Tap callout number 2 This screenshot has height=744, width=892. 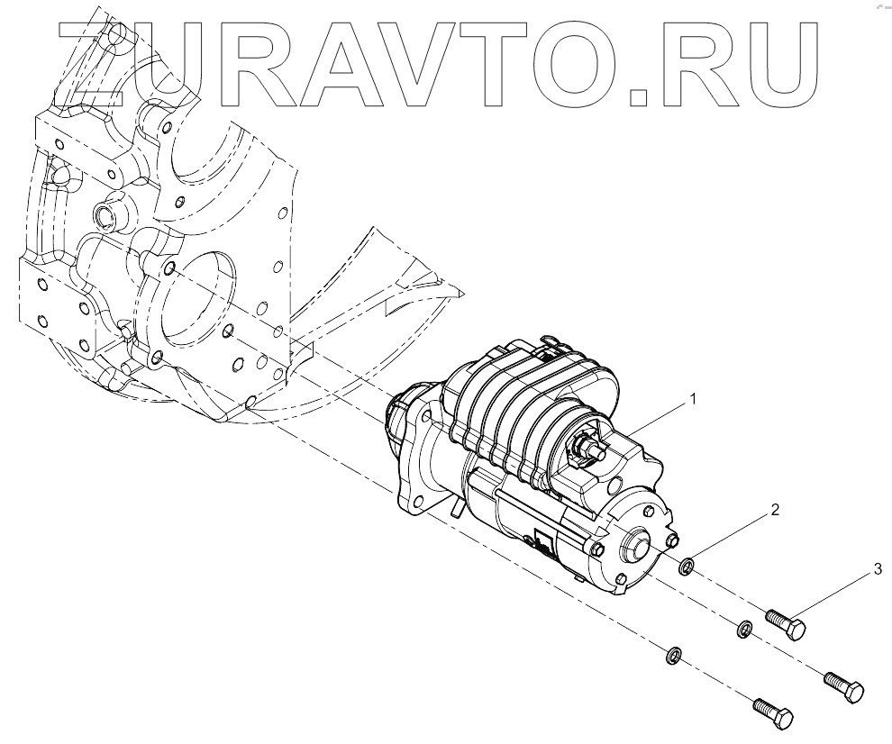(774, 509)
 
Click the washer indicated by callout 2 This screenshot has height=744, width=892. (687, 567)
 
